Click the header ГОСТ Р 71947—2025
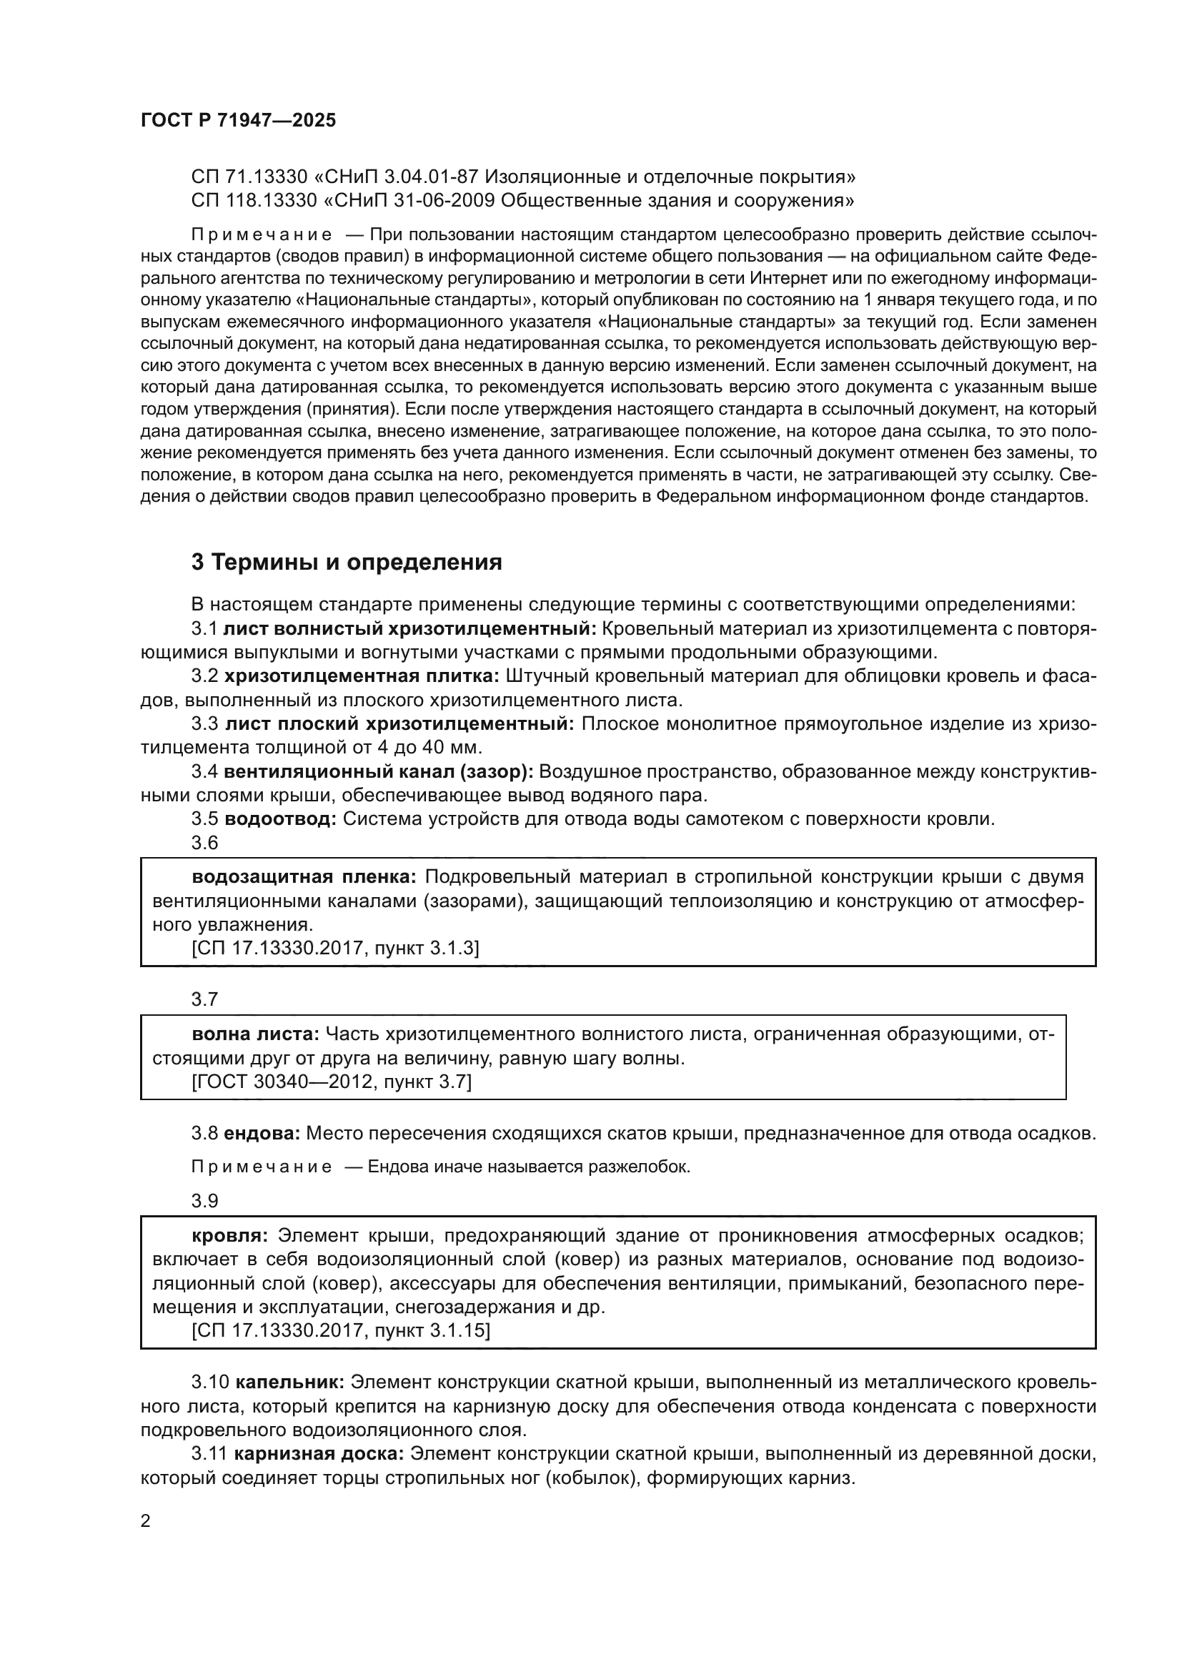pos(238,121)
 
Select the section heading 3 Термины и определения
pos(347,562)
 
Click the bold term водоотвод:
pos(280,818)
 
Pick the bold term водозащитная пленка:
pos(304,877)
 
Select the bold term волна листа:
pos(255,1034)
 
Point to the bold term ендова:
pos(262,1133)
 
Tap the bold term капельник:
pos(289,1382)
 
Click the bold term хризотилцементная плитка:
pos(362,676)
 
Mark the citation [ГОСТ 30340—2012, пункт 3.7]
pos(332,1082)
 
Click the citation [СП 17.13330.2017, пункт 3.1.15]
pos(342,1331)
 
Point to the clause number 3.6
pos(204,842)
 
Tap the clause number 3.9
pos(204,1200)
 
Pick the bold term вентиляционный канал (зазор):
pos(379,771)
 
